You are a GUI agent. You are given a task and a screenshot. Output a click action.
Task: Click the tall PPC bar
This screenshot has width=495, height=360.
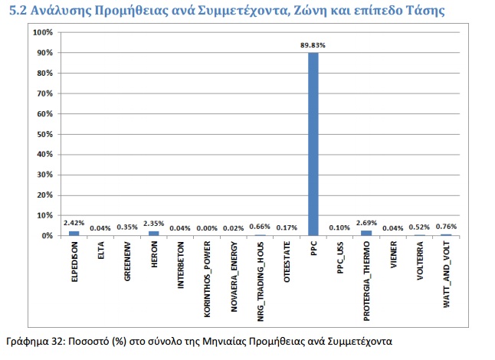click(313, 144)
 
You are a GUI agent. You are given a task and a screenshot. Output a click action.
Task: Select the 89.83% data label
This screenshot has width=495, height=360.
click(313, 45)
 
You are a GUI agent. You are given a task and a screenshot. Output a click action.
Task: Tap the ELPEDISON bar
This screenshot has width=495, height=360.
click(74, 234)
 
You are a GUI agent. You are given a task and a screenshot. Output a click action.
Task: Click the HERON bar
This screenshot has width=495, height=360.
click(154, 234)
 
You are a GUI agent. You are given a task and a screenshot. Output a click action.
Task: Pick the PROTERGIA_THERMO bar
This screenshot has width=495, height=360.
click(366, 233)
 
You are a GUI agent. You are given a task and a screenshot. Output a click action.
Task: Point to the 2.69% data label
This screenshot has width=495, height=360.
click(366, 223)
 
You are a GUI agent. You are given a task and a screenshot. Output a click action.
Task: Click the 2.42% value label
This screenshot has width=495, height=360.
click(74, 223)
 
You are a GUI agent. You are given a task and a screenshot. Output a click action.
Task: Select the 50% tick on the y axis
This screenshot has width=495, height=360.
click(45, 134)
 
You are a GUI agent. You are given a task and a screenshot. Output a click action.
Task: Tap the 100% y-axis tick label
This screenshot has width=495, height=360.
click(43, 32)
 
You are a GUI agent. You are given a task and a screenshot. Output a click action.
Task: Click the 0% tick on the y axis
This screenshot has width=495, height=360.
click(47, 236)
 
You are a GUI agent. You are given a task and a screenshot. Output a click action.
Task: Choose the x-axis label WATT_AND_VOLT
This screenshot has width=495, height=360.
click(447, 274)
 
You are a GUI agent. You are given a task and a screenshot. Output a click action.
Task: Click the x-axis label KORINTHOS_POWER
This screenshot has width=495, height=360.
click(207, 279)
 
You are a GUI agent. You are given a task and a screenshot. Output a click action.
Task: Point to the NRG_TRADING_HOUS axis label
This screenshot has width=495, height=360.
click(261, 281)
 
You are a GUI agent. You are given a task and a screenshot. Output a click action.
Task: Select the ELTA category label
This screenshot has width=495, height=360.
click(101, 250)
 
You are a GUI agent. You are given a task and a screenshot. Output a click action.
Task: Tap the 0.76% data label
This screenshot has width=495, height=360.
click(446, 227)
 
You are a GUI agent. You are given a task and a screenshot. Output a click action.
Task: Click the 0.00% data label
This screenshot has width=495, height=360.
click(207, 228)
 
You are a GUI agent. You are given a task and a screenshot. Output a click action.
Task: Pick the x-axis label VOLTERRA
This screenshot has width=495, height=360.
click(420, 260)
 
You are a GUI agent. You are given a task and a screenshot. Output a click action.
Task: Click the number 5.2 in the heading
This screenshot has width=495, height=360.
click(18, 11)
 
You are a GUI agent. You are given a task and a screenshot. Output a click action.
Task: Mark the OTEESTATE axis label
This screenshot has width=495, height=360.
click(287, 262)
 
